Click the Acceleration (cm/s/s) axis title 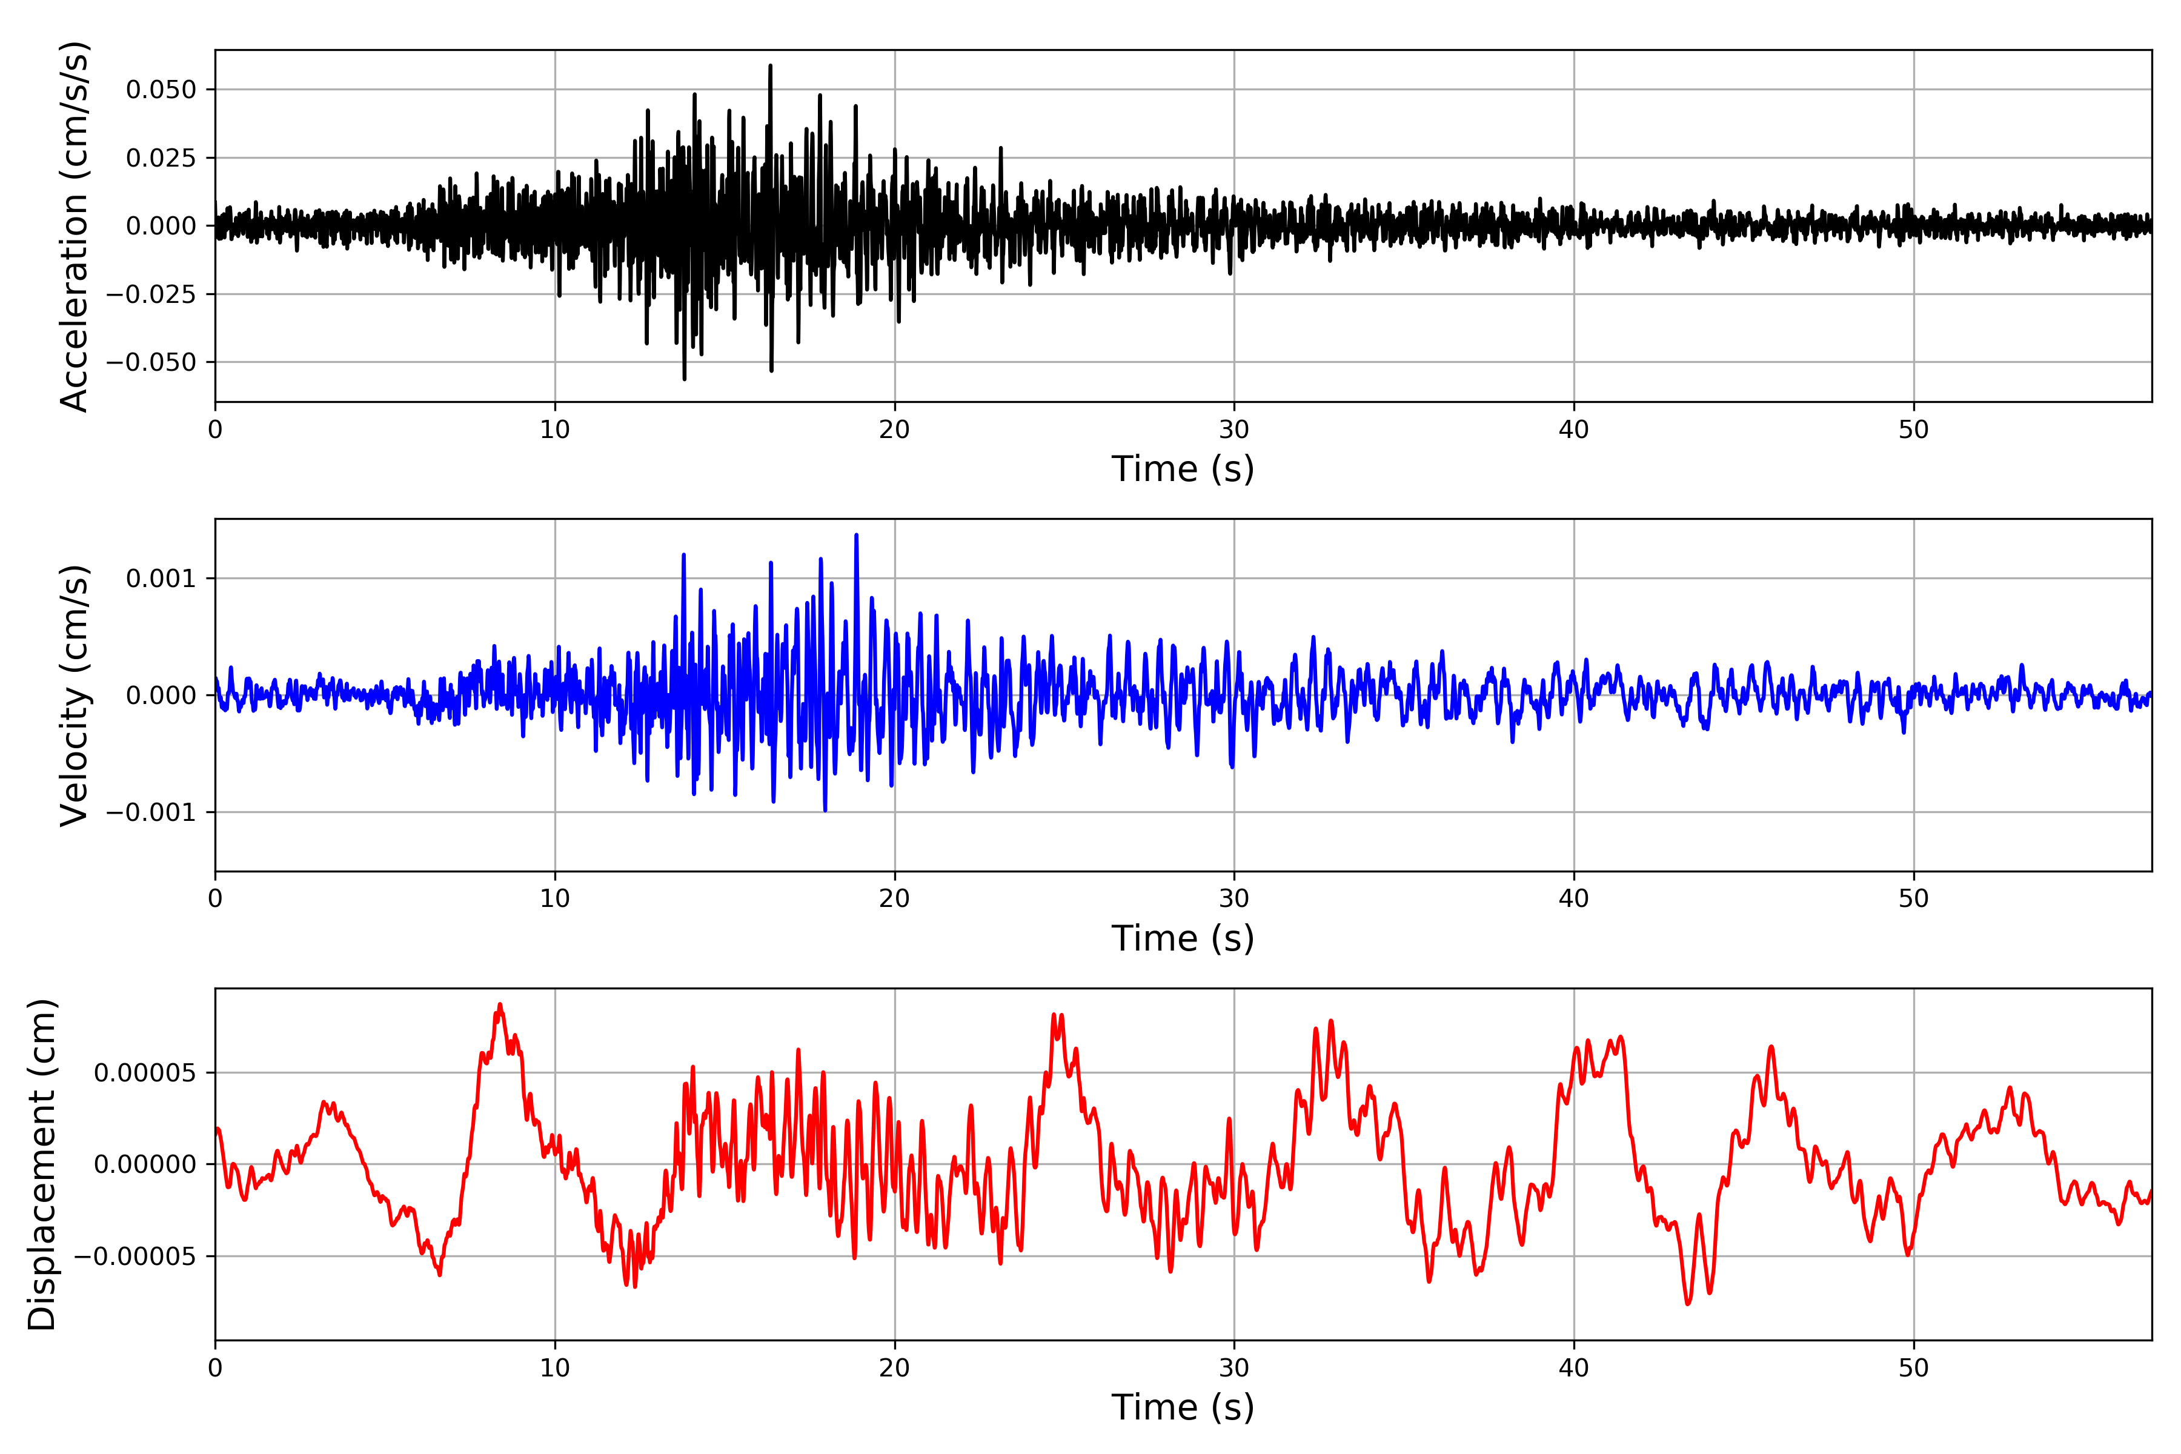pos(74,226)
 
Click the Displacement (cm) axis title pos(42,1164)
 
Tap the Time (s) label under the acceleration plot pos(1183,469)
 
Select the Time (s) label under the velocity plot pos(1183,938)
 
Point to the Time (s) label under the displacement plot pos(1183,1407)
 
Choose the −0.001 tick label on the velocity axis pos(151,812)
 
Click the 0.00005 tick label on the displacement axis pos(145,1073)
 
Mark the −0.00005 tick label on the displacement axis pos(135,1256)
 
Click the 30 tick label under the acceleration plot pos(1234,430)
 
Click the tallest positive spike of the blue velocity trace pos(856,535)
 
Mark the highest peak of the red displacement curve pos(500,1004)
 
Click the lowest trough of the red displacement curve pos(1688,1304)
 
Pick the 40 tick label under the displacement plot pos(1573,1368)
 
